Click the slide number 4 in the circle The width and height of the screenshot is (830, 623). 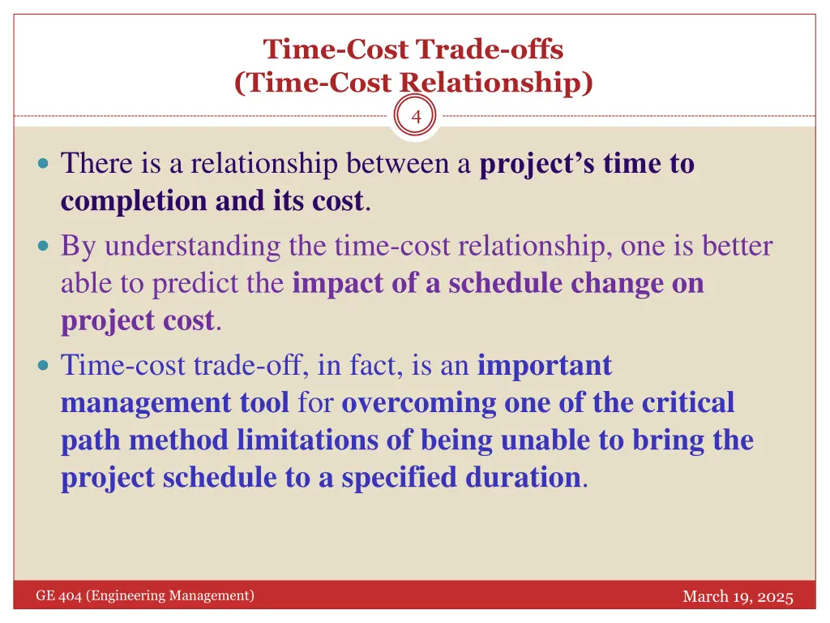click(x=416, y=117)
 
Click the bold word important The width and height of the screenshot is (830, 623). click(x=544, y=366)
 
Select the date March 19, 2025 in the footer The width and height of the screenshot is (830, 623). click(x=737, y=597)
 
